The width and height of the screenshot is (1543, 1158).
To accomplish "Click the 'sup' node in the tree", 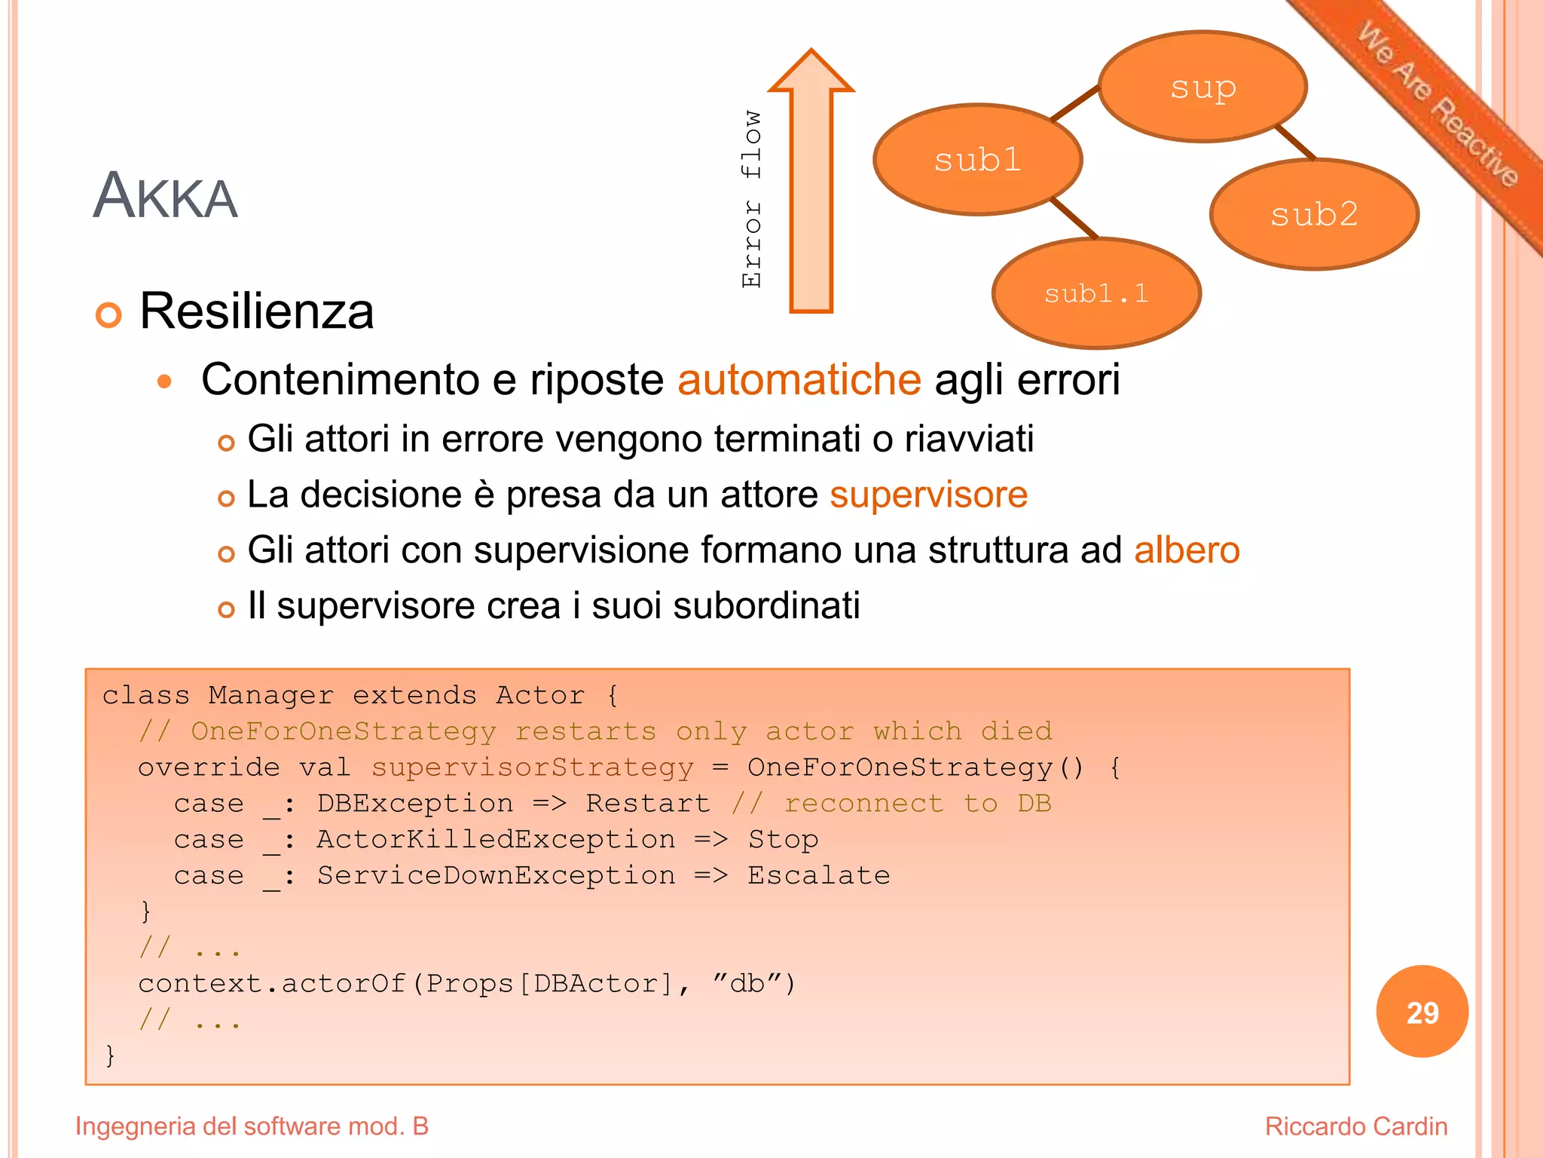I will (x=1202, y=87).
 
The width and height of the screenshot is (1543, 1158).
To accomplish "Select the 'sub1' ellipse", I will (x=978, y=160).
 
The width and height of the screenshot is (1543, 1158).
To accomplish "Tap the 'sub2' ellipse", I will (x=1314, y=215).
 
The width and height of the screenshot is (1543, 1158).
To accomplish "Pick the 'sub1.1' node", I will (x=1096, y=293).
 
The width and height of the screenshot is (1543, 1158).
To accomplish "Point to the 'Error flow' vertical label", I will (x=752, y=199).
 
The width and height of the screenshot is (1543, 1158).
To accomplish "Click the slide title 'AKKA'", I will (x=165, y=196).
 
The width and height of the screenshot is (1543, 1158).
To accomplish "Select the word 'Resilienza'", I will (x=256, y=311).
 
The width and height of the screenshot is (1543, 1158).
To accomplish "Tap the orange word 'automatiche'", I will (x=799, y=379).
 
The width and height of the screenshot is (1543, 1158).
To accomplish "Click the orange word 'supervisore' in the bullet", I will (x=928, y=495).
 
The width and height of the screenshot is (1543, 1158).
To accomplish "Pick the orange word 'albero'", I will (x=1187, y=550).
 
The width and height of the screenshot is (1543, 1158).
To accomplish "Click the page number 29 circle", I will (x=1422, y=1012).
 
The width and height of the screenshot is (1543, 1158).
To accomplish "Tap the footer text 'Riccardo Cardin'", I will (x=1355, y=1126).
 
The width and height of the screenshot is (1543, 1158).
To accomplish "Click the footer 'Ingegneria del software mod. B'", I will (x=252, y=1126).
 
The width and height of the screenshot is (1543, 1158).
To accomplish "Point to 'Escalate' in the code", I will (x=818, y=876).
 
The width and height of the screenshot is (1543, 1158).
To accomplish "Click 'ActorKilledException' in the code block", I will (x=496, y=840).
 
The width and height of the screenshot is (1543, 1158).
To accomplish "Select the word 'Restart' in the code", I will (x=648, y=804).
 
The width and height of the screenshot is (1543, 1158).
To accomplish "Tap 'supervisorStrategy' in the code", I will (x=532, y=767).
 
